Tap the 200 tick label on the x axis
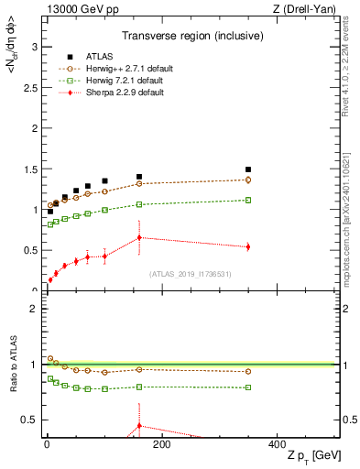[x=161, y=443]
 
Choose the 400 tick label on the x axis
[x=276, y=443]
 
